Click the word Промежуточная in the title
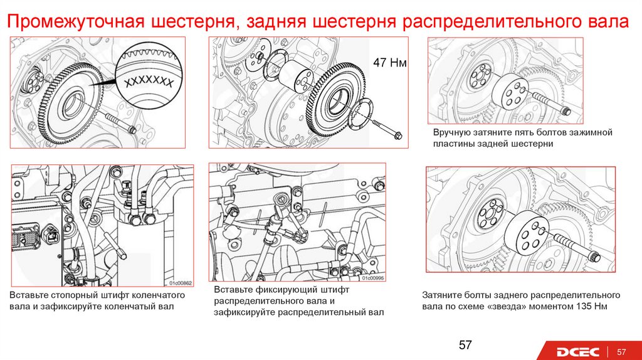pyautogui.click(x=76, y=21)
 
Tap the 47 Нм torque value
pyautogui.click(x=390, y=63)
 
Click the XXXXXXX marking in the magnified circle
pyautogui.click(x=149, y=82)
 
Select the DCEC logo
pyautogui.click(x=577, y=352)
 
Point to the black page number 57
pyautogui.click(x=465, y=345)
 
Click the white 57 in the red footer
pyautogui.click(x=621, y=352)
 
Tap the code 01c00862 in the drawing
pyautogui.click(x=181, y=283)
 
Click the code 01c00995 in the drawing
pyautogui.click(x=372, y=278)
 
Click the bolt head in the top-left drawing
pyautogui.click(x=132, y=130)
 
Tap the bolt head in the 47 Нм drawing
pyautogui.click(x=398, y=135)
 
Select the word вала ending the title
pyautogui.click(x=609, y=21)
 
